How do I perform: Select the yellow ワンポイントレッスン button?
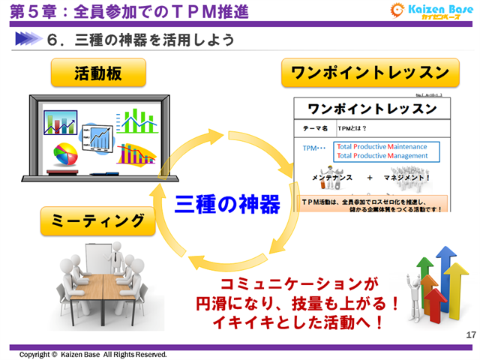(370, 73)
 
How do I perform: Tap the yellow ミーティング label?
(98, 221)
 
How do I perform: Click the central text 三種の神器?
(228, 203)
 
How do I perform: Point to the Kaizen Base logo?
(430, 12)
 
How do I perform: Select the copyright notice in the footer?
(93, 354)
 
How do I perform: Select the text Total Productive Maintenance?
(382, 146)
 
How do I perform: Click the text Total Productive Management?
(382, 156)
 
